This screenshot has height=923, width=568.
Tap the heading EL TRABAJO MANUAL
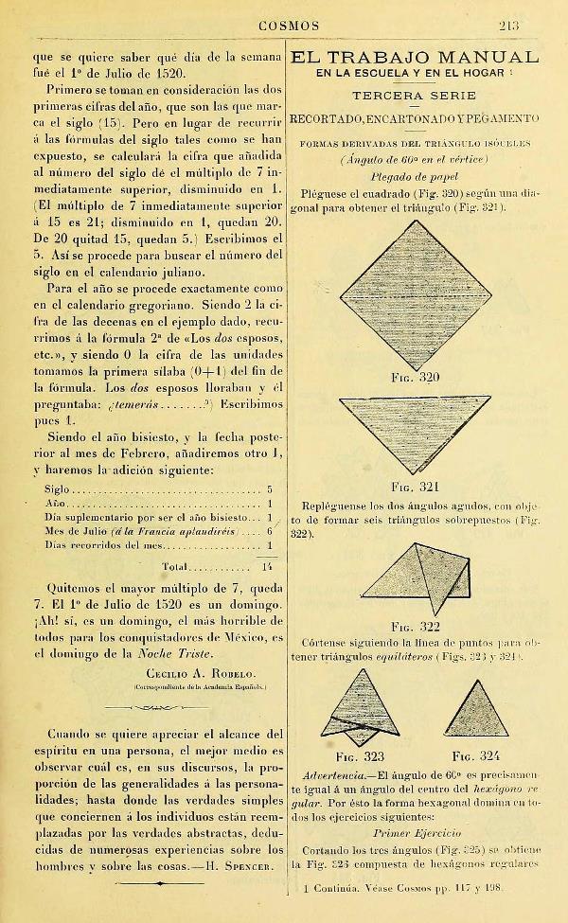coord(415,57)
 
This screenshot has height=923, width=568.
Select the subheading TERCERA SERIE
coord(414,97)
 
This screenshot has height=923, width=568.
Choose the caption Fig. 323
coord(360,756)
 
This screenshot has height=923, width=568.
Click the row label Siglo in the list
coord(57,490)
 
